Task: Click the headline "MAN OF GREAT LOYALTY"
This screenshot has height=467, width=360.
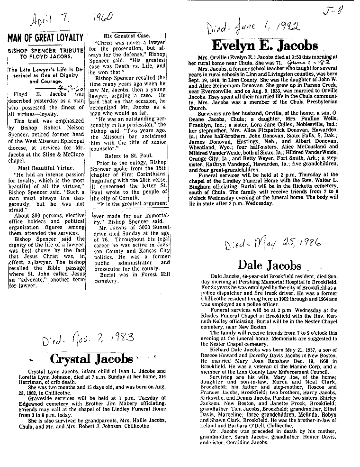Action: pos(45,37)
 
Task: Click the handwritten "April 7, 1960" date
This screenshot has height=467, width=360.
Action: pos(71,19)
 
